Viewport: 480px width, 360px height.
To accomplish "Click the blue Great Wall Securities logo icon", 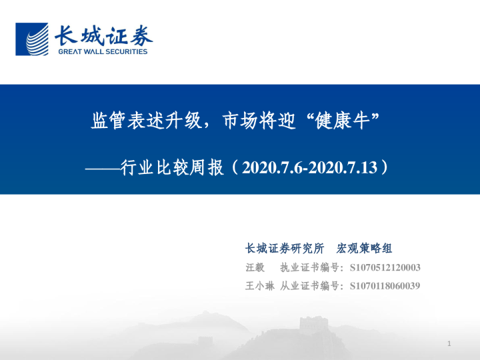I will [33, 39].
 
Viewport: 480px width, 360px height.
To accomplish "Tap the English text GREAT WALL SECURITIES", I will [103, 51].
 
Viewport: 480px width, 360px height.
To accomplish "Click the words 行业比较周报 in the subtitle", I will [172, 166].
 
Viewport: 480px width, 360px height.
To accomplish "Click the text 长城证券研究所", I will [285, 249].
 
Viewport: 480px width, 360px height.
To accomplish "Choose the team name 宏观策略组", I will [364, 249].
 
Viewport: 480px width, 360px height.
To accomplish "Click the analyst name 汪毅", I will [255, 267].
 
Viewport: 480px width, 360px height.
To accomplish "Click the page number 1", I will [450, 343].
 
